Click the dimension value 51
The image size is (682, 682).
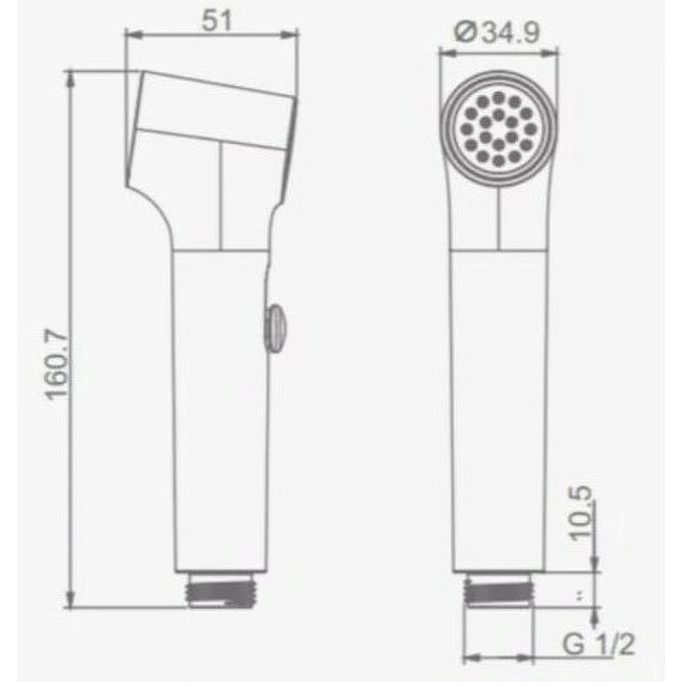(x=217, y=20)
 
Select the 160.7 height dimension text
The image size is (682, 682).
(x=57, y=365)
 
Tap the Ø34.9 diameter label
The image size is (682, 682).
(x=497, y=32)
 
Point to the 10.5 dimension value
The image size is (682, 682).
(x=581, y=513)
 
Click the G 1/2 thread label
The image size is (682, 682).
(x=599, y=644)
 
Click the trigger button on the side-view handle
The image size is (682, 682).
(x=274, y=327)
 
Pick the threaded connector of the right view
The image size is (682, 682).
(x=499, y=588)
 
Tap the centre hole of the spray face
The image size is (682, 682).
(x=499, y=130)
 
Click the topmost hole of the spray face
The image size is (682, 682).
(x=499, y=96)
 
